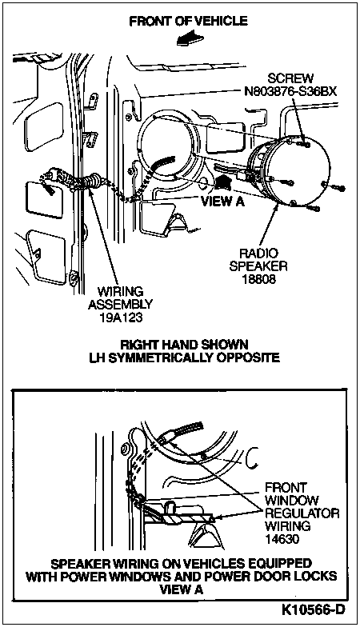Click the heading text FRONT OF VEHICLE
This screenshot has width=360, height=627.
(x=188, y=21)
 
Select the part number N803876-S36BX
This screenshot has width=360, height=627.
(x=290, y=91)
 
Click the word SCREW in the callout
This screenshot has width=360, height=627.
(x=290, y=78)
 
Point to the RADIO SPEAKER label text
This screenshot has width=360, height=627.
(x=259, y=259)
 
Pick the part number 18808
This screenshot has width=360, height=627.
(x=259, y=278)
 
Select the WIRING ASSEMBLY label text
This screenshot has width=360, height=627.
(x=120, y=298)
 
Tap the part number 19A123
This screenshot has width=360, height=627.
(x=120, y=317)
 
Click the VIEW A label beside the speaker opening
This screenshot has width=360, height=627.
(x=222, y=201)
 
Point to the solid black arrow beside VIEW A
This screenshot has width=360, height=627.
(x=222, y=182)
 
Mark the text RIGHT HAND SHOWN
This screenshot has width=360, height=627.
(x=184, y=344)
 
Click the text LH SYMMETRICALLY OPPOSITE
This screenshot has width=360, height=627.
(x=184, y=357)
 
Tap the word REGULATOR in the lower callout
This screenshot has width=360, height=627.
(x=302, y=513)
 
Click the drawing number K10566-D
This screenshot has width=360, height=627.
(x=313, y=609)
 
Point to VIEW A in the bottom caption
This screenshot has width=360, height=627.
(x=181, y=589)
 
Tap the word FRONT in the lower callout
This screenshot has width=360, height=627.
(x=286, y=488)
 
